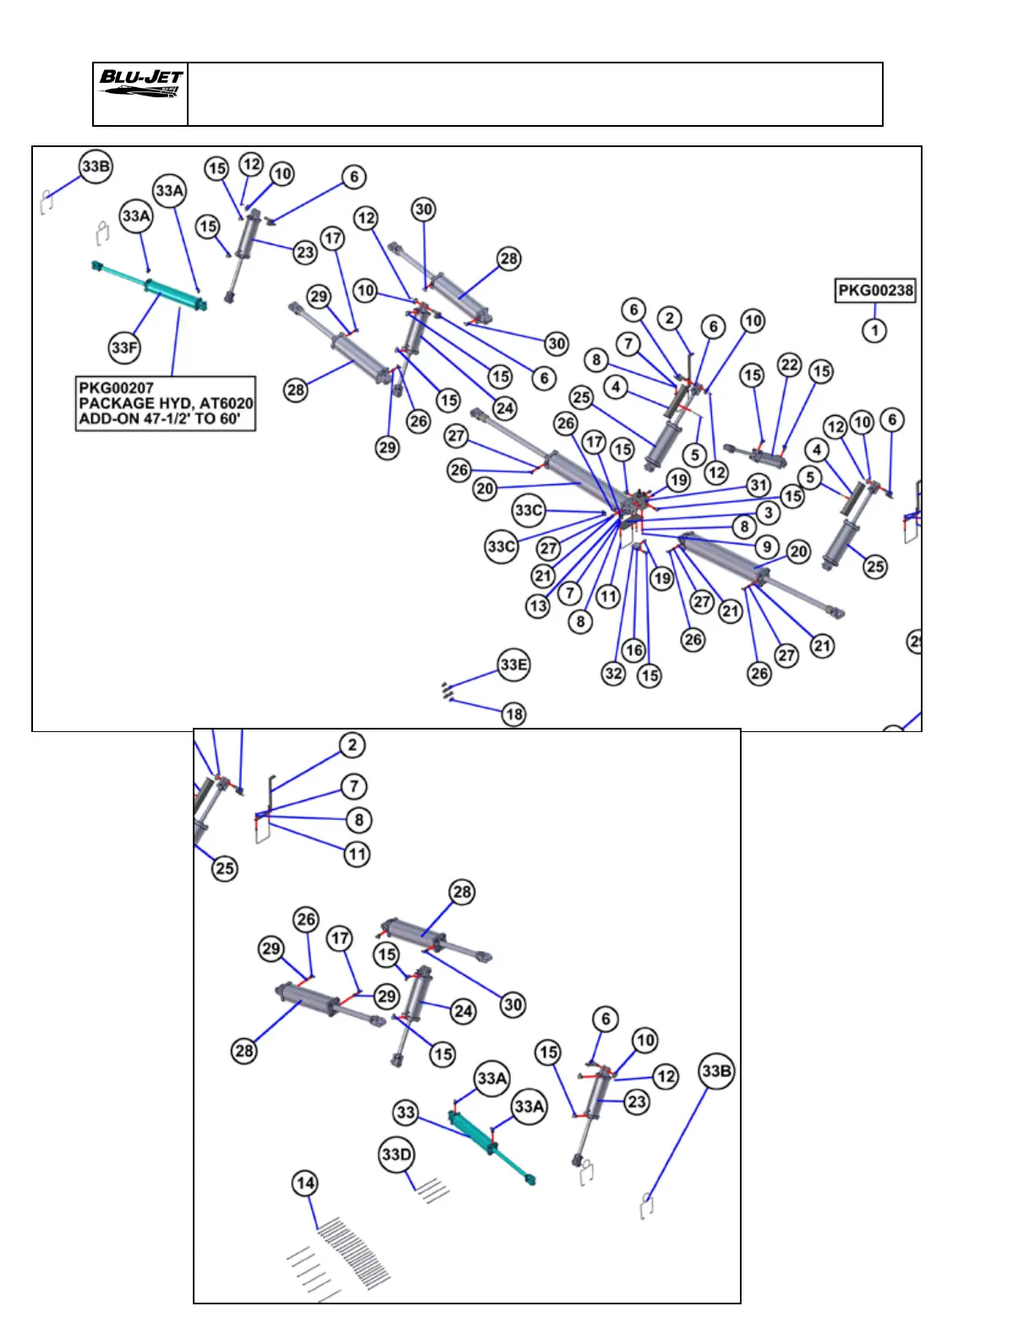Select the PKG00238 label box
coord(875,291)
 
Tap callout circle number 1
coord(875,330)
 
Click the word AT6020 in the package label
coord(226,403)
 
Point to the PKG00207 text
coord(116,388)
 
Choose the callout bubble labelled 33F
coord(124,347)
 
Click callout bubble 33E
coord(513,664)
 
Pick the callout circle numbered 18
coord(513,714)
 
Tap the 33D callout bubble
coord(397,1155)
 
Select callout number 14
coord(305,1183)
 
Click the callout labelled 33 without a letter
coord(406,1112)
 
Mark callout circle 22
coord(789,364)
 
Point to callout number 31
coord(758,485)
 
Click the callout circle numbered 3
coord(768,512)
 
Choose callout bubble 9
coord(767,546)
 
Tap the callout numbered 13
coord(538,605)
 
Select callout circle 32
coord(614,673)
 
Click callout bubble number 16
coord(633,649)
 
